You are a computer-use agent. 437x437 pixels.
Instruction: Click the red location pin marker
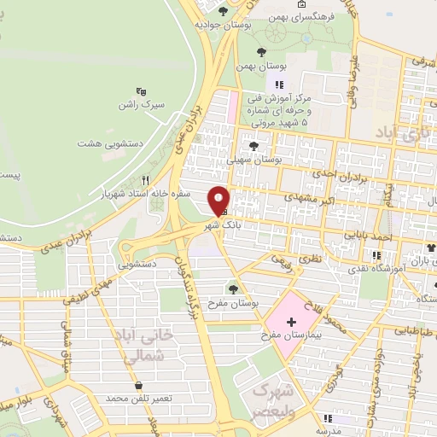219,200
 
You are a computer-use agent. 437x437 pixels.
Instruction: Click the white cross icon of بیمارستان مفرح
291,322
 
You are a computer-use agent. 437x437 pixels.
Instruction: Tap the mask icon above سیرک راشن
141,90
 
